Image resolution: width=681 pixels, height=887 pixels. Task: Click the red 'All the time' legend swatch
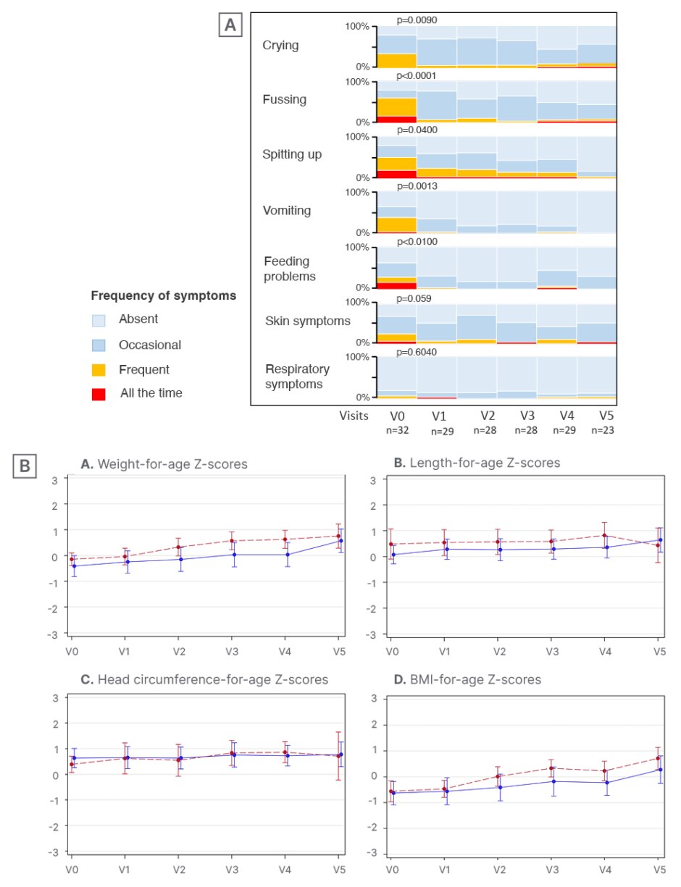pos(99,394)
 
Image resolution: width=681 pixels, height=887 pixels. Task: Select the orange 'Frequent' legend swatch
pos(99,370)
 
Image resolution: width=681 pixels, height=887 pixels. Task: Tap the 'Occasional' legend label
pos(151,345)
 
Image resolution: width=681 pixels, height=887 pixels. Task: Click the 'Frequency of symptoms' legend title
pos(163,296)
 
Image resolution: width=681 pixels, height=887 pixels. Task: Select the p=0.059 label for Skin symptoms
pos(415,296)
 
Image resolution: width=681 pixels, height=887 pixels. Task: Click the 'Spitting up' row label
pos(292,155)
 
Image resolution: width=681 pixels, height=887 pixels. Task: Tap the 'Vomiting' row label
pos(287,211)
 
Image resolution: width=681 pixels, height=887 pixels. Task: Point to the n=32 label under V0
pos(396,430)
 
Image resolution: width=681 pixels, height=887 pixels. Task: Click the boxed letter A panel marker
pos(230,25)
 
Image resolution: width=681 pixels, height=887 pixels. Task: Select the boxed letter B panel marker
pos(25,467)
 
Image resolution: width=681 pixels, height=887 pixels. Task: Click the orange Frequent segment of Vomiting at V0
pos(396,224)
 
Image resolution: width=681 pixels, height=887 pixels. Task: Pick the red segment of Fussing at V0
pos(396,119)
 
